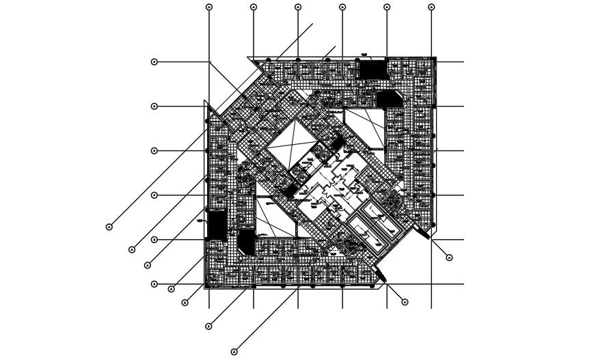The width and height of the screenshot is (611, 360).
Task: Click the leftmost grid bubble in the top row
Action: click(209, 7)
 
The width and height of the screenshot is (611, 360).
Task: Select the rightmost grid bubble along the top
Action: click(431, 7)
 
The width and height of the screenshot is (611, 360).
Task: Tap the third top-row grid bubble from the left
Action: click(298, 7)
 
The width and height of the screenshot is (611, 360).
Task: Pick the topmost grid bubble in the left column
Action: click(154, 62)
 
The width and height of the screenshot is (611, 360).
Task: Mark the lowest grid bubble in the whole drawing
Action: click(234, 352)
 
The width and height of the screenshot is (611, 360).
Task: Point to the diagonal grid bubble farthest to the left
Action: click(109, 227)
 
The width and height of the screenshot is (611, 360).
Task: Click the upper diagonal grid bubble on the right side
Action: click(449, 258)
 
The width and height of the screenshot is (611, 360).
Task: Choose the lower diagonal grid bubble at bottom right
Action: click(405, 302)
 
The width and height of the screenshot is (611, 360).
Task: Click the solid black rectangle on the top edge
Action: click(372, 69)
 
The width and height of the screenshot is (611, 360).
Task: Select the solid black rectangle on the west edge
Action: click(216, 225)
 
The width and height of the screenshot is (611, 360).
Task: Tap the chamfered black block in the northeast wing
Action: click(389, 99)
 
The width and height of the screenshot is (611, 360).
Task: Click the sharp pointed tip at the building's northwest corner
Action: click(205, 102)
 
